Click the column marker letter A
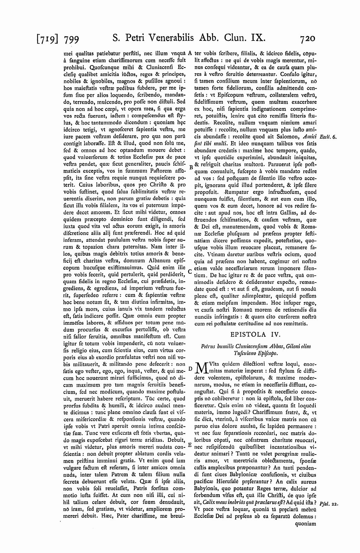click(x=189, y=53)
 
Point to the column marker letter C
click(x=190, y=271)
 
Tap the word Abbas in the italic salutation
click(x=271, y=346)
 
